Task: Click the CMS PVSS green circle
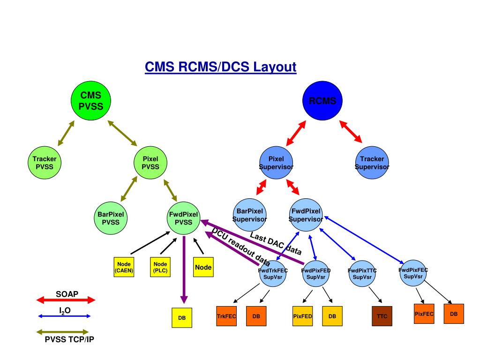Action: pos(91,101)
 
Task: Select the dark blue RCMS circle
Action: pos(322,101)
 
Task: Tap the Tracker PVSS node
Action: pos(45,163)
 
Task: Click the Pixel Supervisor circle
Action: pos(276,163)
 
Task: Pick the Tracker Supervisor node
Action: pos(372,163)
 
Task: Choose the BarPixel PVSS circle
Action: pos(111,218)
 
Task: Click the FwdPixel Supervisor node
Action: pos(306,215)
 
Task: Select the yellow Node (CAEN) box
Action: pos(124,267)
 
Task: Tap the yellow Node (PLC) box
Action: pos(160,267)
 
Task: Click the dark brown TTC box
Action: pos(382,316)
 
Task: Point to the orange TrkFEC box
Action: pos(226,316)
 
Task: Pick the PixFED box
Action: pos(302,316)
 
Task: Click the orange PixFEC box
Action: pos(424,314)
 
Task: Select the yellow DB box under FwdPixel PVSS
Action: pos(182,318)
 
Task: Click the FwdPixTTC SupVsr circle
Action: pos(362,274)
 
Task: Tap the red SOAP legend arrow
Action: pos(66,300)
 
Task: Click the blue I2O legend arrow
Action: pos(64,316)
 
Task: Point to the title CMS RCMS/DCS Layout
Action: pos(221,67)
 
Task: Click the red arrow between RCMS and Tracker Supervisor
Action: pos(351,132)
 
